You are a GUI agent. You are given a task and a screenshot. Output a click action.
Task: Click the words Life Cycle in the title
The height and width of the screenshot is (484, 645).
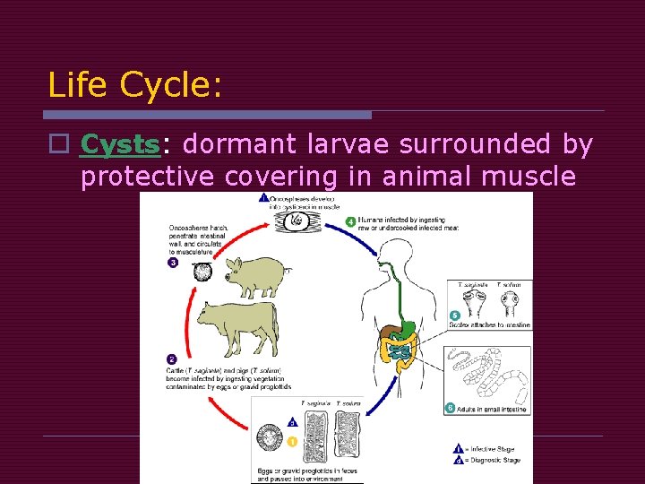pos(134,85)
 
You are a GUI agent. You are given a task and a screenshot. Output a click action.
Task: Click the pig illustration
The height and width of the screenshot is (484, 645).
pos(254,274)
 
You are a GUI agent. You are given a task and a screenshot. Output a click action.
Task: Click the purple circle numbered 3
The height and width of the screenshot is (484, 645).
pos(173,263)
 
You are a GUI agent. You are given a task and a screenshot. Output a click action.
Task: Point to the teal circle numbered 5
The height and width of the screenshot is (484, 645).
pos(454,315)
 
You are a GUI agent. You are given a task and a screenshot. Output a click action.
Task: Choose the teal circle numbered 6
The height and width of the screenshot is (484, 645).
pos(450,408)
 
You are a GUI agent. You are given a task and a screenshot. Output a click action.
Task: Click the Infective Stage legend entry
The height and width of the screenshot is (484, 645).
pos(489,449)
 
